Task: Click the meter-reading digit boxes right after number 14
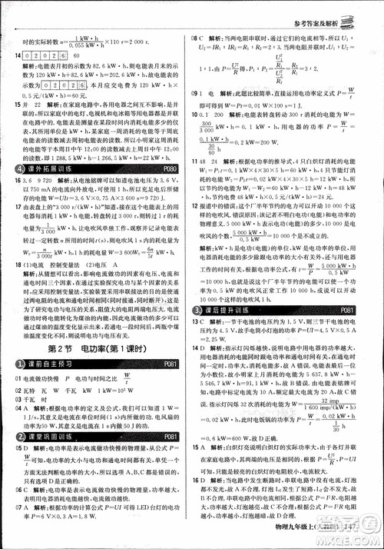tap(48, 55)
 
